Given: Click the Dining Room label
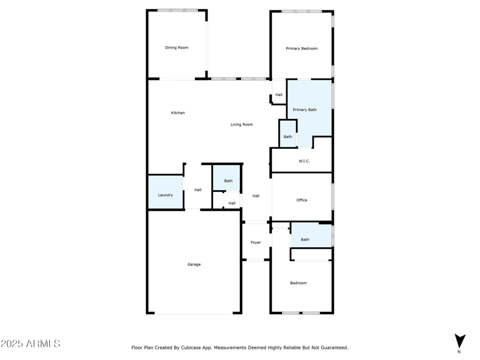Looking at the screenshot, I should tap(177, 47).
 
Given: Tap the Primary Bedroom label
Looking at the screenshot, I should tap(301, 49).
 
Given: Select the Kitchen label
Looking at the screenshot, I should tap(178, 113).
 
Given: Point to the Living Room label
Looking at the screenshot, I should tap(242, 125).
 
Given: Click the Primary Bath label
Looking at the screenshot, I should tap(304, 110).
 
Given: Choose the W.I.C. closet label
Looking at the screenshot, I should tap(304, 161).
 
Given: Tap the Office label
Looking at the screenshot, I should tap(302, 200).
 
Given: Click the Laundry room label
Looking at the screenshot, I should tap(166, 195).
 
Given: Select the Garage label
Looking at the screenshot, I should tap(194, 265).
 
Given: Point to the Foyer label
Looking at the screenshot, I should tap(256, 242).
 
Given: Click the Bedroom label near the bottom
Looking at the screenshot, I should tap(298, 283).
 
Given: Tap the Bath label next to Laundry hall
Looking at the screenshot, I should tap(228, 181).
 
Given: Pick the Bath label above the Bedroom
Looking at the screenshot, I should tap(305, 239).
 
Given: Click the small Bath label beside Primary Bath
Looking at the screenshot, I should tap(288, 137).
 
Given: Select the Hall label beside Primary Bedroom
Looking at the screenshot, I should tap(279, 95).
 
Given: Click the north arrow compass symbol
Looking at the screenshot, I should tap(460, 340).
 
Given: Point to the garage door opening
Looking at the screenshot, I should tap(194, 313).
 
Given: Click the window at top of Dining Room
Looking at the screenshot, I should tap(178, 10).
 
